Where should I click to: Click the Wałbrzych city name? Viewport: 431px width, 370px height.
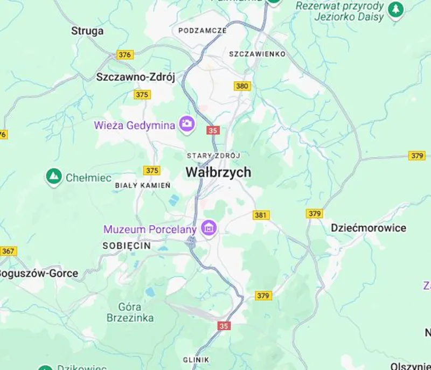[x=218, y=172]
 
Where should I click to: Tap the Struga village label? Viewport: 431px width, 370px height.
[x=87, y=31]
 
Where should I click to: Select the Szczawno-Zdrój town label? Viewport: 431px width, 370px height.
[x=136, y=76]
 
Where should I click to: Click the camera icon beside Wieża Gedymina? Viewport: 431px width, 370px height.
[x=187, y=124]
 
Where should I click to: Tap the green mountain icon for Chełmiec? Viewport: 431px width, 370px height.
[x=53, y=176]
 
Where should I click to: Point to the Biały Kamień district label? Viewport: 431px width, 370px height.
[x=143, y=185]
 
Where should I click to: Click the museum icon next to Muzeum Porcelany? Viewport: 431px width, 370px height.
[x=208, y=228]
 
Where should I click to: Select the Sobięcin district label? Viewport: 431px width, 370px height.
[x=127, y=246]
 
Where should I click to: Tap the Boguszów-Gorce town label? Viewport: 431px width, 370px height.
[x=38, y=273]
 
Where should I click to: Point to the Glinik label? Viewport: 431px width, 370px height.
[x=196, y=359]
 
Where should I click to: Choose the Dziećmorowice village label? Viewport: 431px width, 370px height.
[x=368, y=228]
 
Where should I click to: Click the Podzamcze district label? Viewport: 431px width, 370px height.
[x=203, y=31]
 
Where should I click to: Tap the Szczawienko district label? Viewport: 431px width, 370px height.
[x=257, y=54]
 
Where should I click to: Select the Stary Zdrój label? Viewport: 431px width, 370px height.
[x=213, y=156]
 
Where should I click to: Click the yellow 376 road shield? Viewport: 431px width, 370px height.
[x=124, y=55]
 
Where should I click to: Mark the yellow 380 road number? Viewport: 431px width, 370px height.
[x=242, y=86]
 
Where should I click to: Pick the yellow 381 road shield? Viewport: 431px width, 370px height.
[x=261, y=215]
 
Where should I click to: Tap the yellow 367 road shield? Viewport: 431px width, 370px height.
[x=8, y=251]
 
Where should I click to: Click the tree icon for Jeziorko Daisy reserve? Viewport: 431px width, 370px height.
[x=396, y=9]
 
